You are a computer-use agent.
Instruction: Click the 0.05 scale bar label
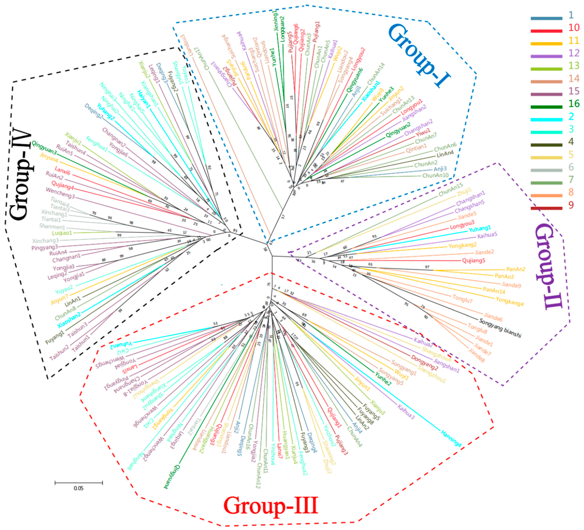79,488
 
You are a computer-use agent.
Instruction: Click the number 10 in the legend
574,28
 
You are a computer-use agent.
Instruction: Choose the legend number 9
571,205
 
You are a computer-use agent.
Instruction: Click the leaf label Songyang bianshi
500,328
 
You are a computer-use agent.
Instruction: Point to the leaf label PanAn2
516,269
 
